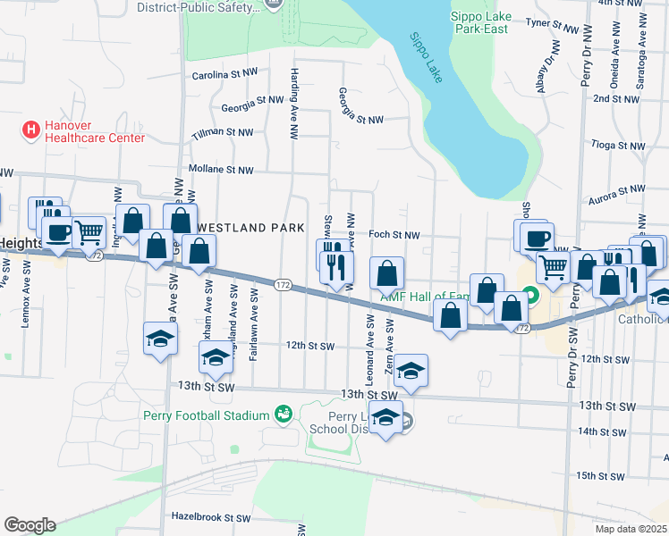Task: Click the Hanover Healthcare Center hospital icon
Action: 31,130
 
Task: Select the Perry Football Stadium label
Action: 206,415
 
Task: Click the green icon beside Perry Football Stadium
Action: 284,414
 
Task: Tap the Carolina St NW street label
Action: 225,77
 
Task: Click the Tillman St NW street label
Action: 223,132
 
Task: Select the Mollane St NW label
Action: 221,170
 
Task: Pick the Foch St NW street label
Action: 394,235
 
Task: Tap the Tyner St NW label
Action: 550,22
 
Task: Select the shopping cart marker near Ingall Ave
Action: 89,232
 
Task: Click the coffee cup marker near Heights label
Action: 59,232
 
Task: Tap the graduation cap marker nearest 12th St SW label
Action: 215,357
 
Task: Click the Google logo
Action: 30,525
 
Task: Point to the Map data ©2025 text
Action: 631,529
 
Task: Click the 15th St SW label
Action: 599,476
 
